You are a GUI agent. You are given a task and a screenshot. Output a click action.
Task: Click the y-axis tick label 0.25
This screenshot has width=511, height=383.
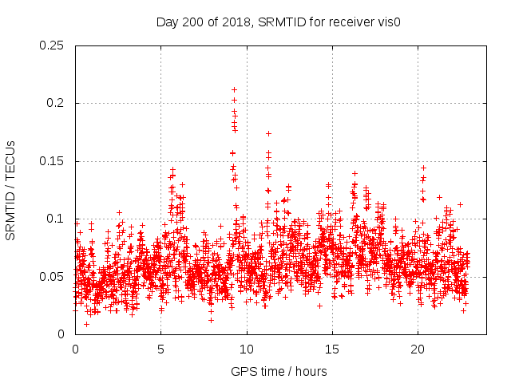(x=53, y=45)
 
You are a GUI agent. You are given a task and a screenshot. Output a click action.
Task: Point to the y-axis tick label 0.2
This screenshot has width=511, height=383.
(x=56, y=103)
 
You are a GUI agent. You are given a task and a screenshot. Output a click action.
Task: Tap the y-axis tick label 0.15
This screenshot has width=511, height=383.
(x=53, y=161)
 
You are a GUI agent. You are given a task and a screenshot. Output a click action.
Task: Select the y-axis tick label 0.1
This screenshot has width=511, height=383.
(x=56, y=219)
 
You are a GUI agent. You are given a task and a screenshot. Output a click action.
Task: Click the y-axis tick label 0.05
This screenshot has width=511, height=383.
(x=53, y=277)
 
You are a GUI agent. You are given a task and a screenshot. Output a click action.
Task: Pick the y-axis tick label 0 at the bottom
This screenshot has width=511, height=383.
(x=63, y=334)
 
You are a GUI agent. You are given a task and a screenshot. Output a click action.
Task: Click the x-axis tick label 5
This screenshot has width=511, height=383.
(x=160, y=350)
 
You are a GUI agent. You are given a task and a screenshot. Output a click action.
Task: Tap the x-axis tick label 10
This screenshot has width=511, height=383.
(x=247, y=350)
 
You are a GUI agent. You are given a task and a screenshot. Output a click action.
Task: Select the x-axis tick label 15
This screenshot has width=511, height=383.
(x=332, y=350)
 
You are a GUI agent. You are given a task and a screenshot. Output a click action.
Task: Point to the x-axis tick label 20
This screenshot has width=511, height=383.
(x=418, y=350)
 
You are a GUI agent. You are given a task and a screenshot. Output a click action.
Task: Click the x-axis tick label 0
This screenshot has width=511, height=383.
(x=75, y=350)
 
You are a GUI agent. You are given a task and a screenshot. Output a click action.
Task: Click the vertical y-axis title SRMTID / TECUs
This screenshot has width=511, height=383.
(x=10, y=190)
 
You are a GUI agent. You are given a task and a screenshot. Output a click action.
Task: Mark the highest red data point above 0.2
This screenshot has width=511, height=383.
(x=234, y=89)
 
